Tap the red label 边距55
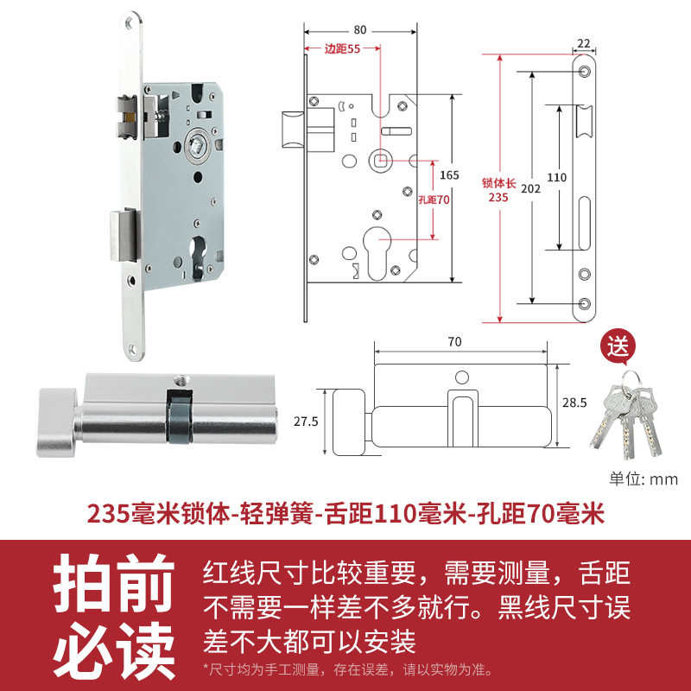click(x=342, y=49)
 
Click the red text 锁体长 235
click(x=498, y=190)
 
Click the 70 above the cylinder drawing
click(x=455, y=341)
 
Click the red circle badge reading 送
click(x=618, y=348)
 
